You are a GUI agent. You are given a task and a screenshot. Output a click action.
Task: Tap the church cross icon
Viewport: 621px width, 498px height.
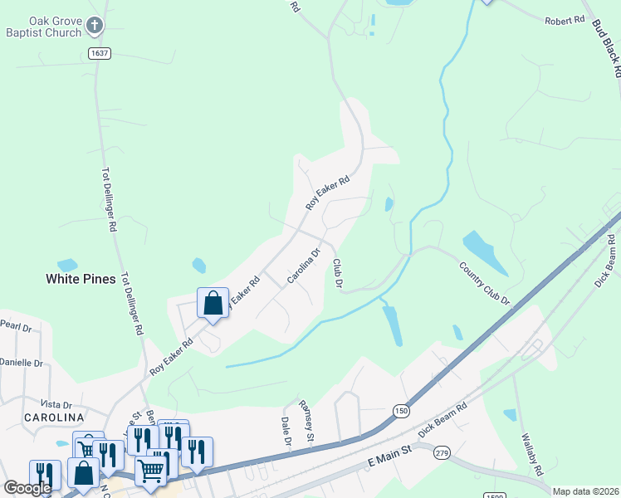tap(95, 27)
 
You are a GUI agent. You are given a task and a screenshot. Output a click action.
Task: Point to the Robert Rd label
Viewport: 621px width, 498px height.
tap(565, 20)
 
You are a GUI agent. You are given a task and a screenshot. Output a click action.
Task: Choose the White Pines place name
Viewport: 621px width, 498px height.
tap(80, 280)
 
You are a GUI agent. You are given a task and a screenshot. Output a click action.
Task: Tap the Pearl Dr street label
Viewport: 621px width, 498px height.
tap(15, 325)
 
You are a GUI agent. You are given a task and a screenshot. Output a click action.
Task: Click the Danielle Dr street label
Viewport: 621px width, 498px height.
tap(21, 363)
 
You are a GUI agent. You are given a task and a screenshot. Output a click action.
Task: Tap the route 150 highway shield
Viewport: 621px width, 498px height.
tap(401, 411)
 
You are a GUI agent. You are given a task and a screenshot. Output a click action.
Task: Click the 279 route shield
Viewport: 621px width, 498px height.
tap(442, 452)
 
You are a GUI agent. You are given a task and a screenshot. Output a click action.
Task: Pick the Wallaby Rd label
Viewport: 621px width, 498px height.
tap(531, 452)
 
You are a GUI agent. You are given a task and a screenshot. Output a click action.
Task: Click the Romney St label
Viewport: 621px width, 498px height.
tap(306, 420)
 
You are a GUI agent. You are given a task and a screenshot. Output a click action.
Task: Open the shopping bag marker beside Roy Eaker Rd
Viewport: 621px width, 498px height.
tap(213, 303)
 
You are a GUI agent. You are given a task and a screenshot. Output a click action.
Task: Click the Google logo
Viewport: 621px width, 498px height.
tap(27, 488)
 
